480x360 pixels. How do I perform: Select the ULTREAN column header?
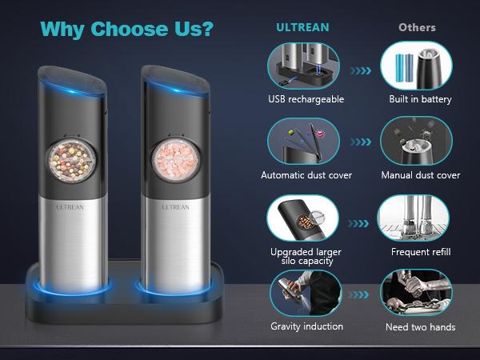pos(302,27)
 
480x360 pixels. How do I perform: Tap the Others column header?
pos(417,27)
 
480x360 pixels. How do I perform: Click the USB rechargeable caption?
pos(306,99)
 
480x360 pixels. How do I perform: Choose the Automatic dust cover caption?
pos(306,175)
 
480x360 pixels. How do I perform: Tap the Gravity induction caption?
pos(306,326)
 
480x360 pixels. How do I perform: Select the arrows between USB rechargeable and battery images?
pos(361,70)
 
